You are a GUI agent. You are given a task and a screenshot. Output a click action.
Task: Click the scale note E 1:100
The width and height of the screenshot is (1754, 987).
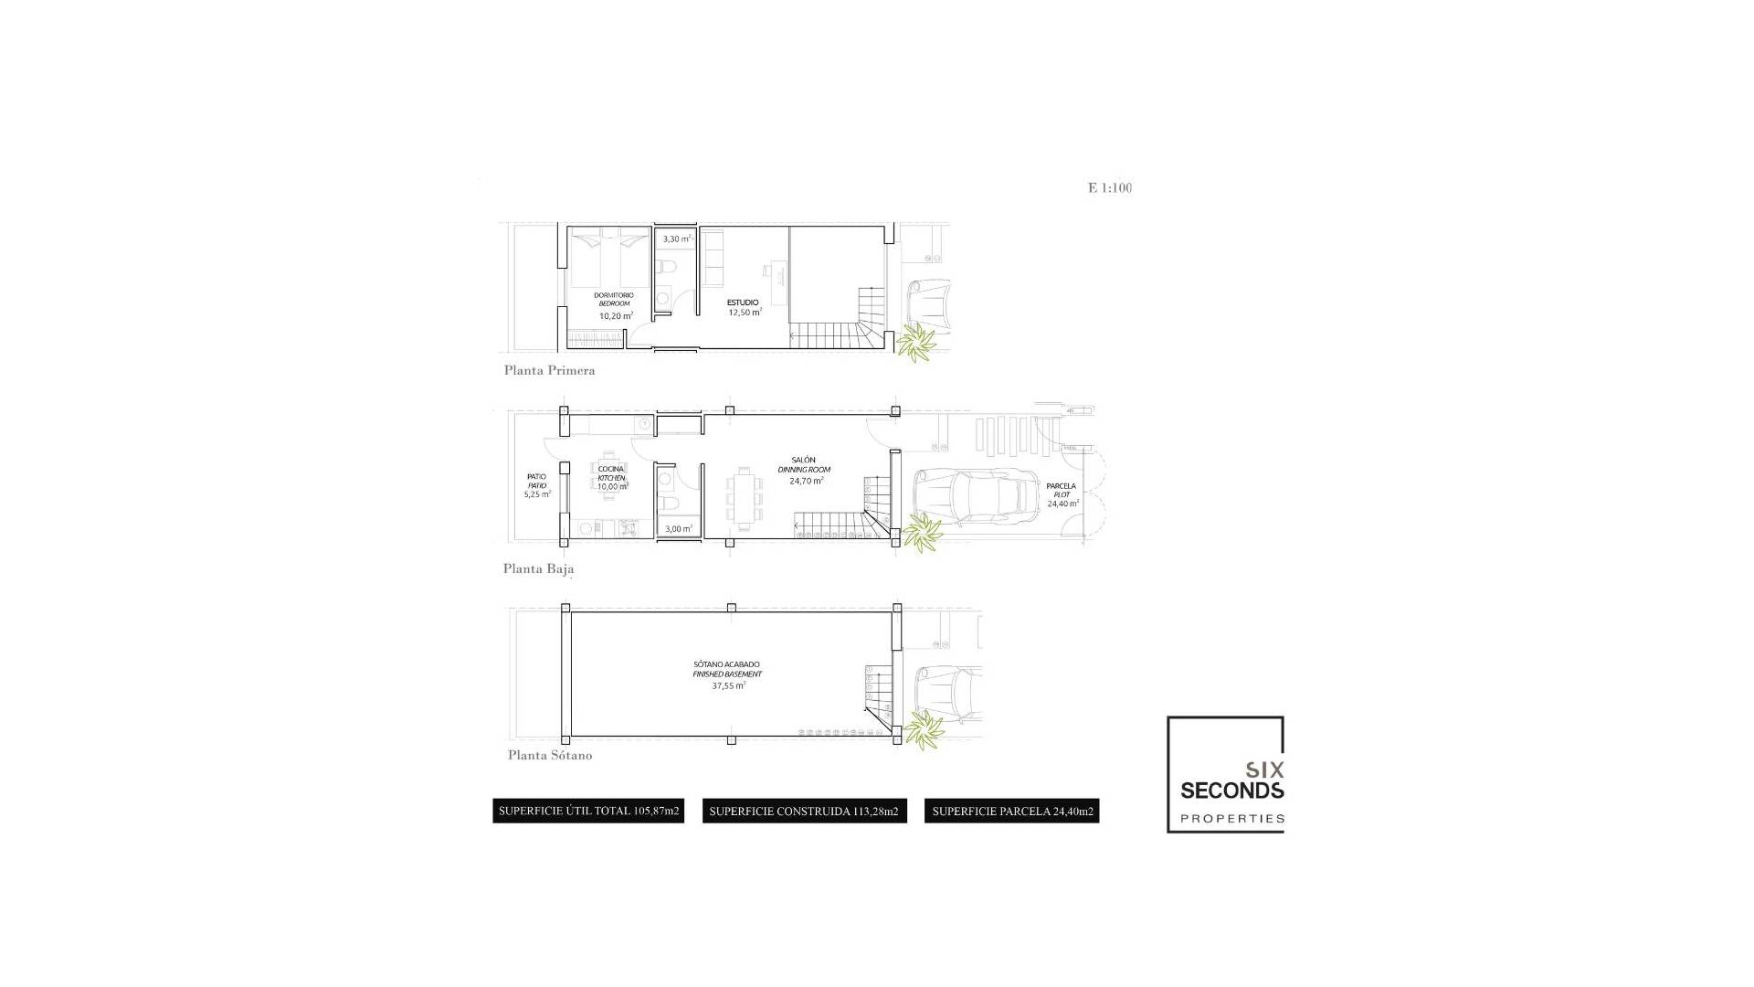tap(1110, 188)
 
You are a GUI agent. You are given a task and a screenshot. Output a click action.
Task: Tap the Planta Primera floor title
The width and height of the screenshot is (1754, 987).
tap(549, 370)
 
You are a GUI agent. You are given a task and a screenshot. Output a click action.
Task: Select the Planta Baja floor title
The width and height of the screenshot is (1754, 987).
tap(538, 568)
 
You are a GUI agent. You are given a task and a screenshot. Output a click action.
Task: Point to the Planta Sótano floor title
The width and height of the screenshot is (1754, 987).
tap(550, 755)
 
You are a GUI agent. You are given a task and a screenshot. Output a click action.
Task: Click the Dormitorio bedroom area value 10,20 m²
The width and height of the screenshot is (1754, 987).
tap(616, 316)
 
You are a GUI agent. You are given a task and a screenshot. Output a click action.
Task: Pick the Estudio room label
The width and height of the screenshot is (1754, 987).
tap(743, 302)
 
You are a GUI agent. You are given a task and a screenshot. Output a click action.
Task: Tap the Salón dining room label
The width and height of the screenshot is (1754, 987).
tap(804, 461)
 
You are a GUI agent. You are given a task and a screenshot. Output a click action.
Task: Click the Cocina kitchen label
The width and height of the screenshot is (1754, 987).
tap(611, 469)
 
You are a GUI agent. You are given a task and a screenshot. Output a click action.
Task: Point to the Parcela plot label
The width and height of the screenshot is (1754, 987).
tap(1061, 486)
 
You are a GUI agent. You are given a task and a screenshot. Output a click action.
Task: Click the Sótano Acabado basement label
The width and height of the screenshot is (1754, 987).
tap(726, 664)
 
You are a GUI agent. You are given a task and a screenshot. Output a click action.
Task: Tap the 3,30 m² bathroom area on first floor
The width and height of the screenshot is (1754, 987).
tap(677, 239)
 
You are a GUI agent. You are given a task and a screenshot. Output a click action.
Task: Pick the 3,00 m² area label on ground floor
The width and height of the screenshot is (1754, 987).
tap(678, 529)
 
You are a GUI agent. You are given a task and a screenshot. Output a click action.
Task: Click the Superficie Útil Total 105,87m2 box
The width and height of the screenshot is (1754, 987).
tap(588, 811)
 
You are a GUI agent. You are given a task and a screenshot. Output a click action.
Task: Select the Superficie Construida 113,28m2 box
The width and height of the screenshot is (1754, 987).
tap(804, 811)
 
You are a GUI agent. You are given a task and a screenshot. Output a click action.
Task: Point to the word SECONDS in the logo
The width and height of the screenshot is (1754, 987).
tap(1231, 791)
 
